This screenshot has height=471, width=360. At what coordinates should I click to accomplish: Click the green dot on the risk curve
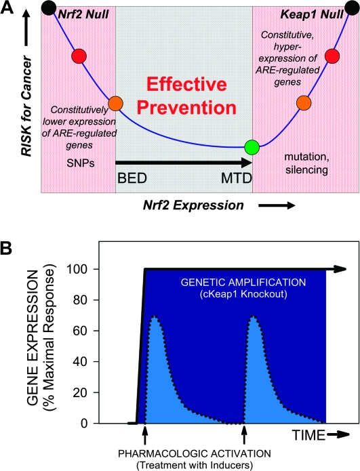click(252, 147)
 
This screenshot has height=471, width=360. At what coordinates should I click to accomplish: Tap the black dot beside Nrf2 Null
click(49, 7)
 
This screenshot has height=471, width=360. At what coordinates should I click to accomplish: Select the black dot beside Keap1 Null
click(352, 7)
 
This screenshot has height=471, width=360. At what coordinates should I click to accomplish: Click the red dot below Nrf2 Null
click(79, 56)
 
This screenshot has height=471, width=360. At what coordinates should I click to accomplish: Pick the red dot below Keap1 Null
click(332, 56)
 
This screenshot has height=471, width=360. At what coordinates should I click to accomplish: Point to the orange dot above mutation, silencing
click(304, 103)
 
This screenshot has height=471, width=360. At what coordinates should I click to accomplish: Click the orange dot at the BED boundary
click(116, 104)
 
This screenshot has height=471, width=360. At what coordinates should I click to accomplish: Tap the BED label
click(132, 178)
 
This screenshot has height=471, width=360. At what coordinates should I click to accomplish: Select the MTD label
click(236, 178)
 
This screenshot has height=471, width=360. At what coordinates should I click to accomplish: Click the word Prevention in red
click(186, 108)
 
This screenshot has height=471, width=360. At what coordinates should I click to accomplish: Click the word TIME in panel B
click(308, 435)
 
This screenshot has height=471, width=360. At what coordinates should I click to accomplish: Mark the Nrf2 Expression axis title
click(193, 205)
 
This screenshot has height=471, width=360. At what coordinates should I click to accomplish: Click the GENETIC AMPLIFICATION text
click(243, 283)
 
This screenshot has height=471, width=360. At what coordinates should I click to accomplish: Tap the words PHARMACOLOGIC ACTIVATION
click(195, 453)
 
